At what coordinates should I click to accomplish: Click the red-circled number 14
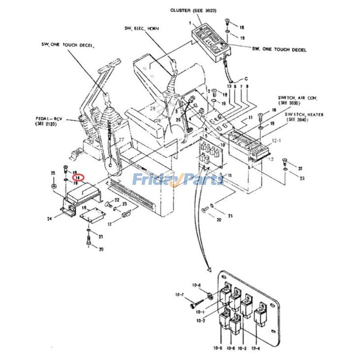[78, 178]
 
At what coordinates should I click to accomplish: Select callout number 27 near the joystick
[121, 140]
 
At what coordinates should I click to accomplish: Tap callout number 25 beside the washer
[53, 173]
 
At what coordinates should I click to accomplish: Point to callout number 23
[301, 179]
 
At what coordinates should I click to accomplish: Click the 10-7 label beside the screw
[179, 295]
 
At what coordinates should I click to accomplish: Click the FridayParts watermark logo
[177, 180]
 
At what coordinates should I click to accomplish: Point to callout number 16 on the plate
[84, 208]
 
